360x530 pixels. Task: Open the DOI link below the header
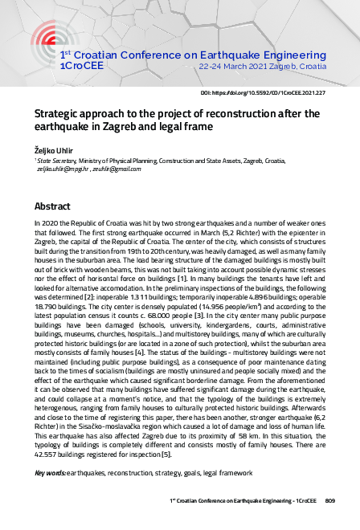pyautogui.click(x=273, y=94)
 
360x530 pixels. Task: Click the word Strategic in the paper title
pyautogui.click(x=63, y=114)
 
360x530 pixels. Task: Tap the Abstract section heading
pyautogui.click(x=52, y=206)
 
